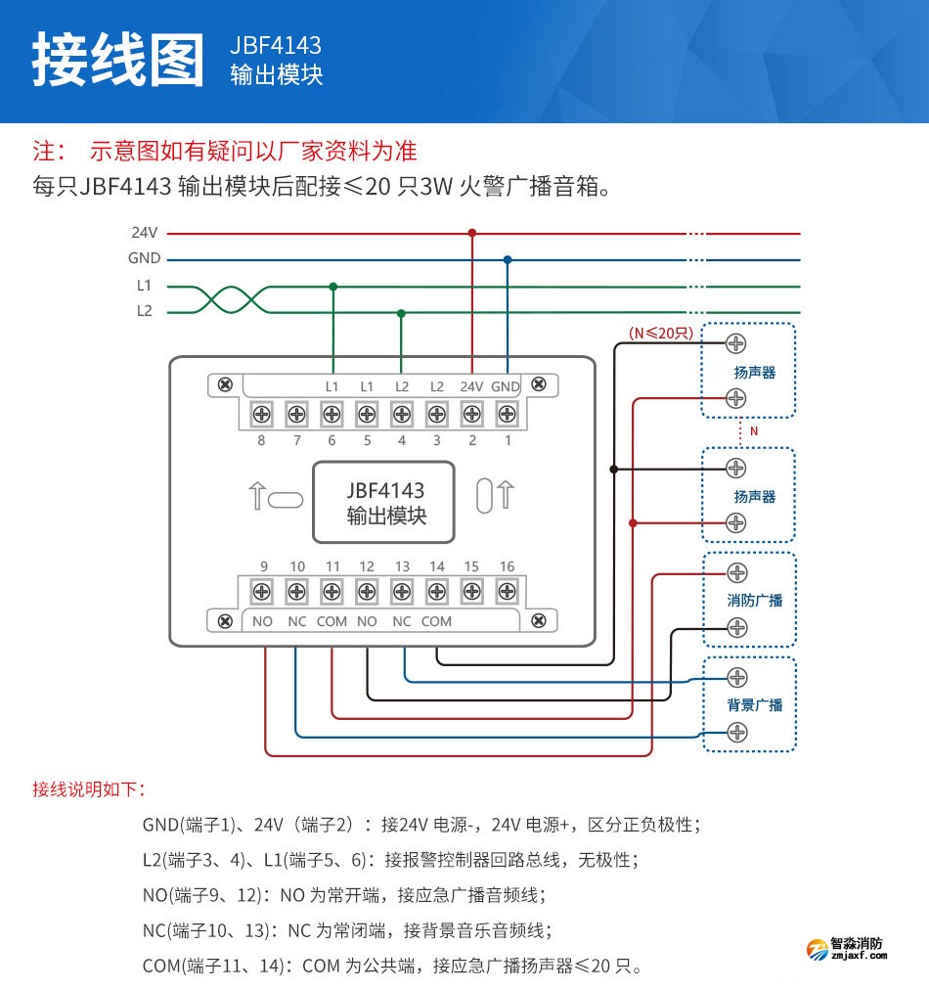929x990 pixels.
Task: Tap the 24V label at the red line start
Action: coord(145,234)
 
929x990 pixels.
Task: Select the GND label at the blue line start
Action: coord(144,259)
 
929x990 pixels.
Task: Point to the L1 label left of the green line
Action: coord(144,286)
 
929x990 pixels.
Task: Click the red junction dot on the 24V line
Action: coord(472,233)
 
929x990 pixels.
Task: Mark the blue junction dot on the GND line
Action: coord(507,259)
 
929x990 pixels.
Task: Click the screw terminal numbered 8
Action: coord(261,415)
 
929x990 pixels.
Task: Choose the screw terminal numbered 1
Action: coord(506,415)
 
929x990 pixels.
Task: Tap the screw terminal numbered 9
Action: coord(262,591)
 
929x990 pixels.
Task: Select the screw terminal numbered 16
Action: coord(507,591)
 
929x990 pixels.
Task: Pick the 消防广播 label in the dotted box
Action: coord(755,600)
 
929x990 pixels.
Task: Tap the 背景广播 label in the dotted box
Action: coord(755,704)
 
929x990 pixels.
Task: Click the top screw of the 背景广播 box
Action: coord(737,677)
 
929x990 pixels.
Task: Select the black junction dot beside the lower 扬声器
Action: coord(614,470)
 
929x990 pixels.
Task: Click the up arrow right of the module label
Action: coord(506,496)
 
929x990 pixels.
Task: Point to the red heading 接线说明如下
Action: coord(88,788)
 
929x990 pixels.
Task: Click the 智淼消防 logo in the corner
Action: coord(847,949)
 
